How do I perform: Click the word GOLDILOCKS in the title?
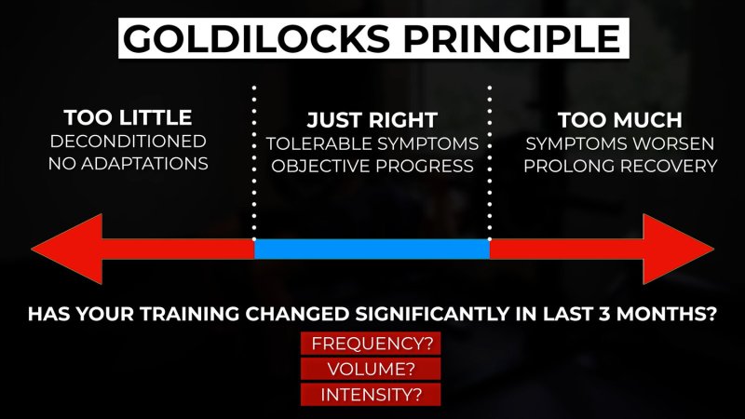tap(257, 38)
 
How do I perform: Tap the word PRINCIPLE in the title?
tap(512, 38)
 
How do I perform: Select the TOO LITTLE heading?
tap(128, 118)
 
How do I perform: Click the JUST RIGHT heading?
tap(372, 120)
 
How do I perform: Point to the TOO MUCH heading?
tap(620, 120)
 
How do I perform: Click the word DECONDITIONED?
tap(129, 142)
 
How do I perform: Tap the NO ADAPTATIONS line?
tap(129, 164)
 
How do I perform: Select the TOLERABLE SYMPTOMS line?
tap(372, 143)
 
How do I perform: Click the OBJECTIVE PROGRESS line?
tap(372, 166)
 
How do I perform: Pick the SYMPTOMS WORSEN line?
tap(620, 143)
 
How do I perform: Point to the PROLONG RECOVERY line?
tap(620, 166)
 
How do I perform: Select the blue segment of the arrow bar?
tap(372, 249)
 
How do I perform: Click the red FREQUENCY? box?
tap(371, 344)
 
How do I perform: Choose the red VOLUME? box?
tap(371, 369)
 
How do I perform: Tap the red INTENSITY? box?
tap(371, 395)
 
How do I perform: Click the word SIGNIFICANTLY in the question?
tap(432, 314)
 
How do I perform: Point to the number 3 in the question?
tap(604, 314)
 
